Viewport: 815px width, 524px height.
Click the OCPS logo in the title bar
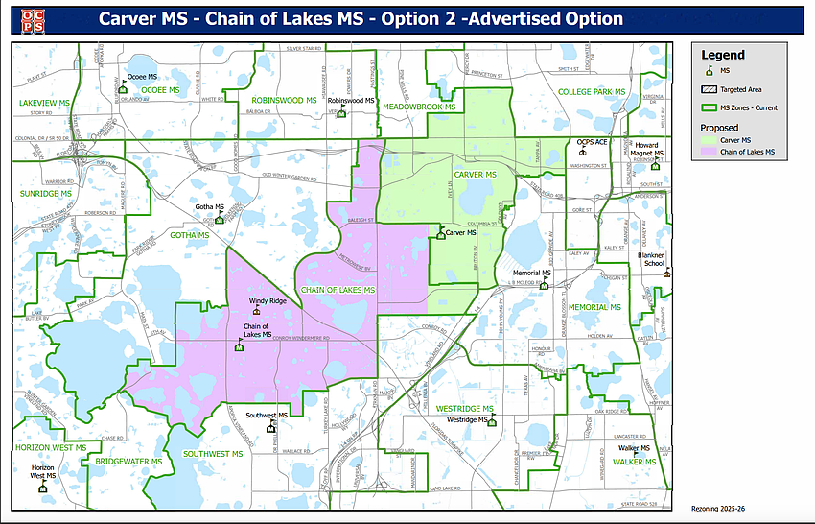[29, 19]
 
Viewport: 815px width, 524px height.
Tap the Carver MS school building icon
[441, 232]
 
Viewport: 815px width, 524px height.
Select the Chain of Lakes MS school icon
[239, 346]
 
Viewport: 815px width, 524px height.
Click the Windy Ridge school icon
[255, 311]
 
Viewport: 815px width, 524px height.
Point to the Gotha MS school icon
[220, 219]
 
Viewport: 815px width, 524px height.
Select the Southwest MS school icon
[271, 427]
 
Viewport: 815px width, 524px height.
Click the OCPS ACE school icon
[583, 152]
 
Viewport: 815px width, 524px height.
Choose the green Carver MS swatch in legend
[710, 140]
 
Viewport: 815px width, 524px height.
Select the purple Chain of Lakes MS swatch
[710, 153]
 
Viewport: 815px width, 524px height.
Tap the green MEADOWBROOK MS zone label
[418, 107]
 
